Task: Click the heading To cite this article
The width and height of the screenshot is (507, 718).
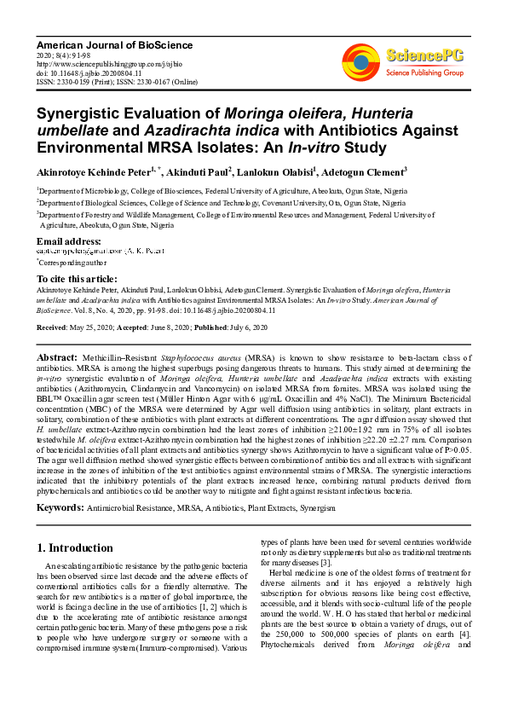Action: point(77,279)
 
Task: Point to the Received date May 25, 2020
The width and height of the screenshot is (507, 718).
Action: point(102,327)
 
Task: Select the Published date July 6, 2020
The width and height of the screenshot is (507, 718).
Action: point(242,327)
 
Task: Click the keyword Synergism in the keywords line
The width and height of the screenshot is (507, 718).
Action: point(315,508)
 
